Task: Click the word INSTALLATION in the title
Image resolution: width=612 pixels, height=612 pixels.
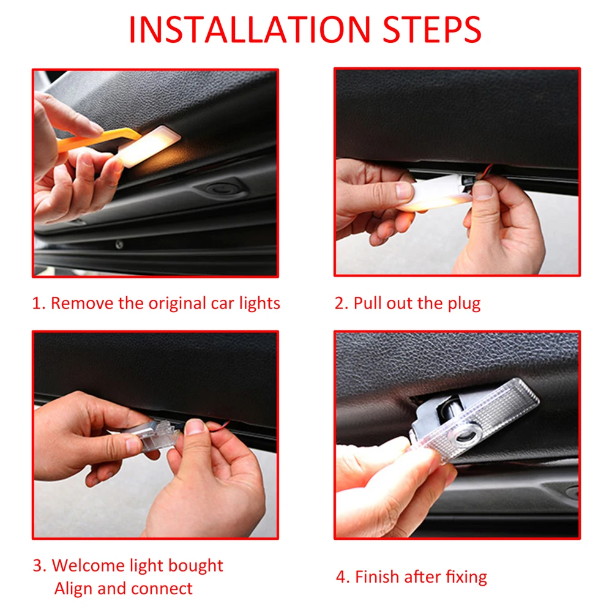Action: (x=250, y=29)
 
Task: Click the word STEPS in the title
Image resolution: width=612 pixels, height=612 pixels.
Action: (x=432, y=29)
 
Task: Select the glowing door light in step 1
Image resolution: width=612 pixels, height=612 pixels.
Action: (x=149, y=146)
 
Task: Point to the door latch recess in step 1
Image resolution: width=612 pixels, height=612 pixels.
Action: (x=220, y=188)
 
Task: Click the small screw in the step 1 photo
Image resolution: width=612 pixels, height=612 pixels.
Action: (x=119, y=245)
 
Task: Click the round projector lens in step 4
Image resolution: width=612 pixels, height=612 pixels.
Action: (x=468, y=433)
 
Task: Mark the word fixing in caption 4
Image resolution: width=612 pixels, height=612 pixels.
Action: (x=466, y=577)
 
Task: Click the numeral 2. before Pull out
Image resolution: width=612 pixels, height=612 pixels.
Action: (x=341, y=304)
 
